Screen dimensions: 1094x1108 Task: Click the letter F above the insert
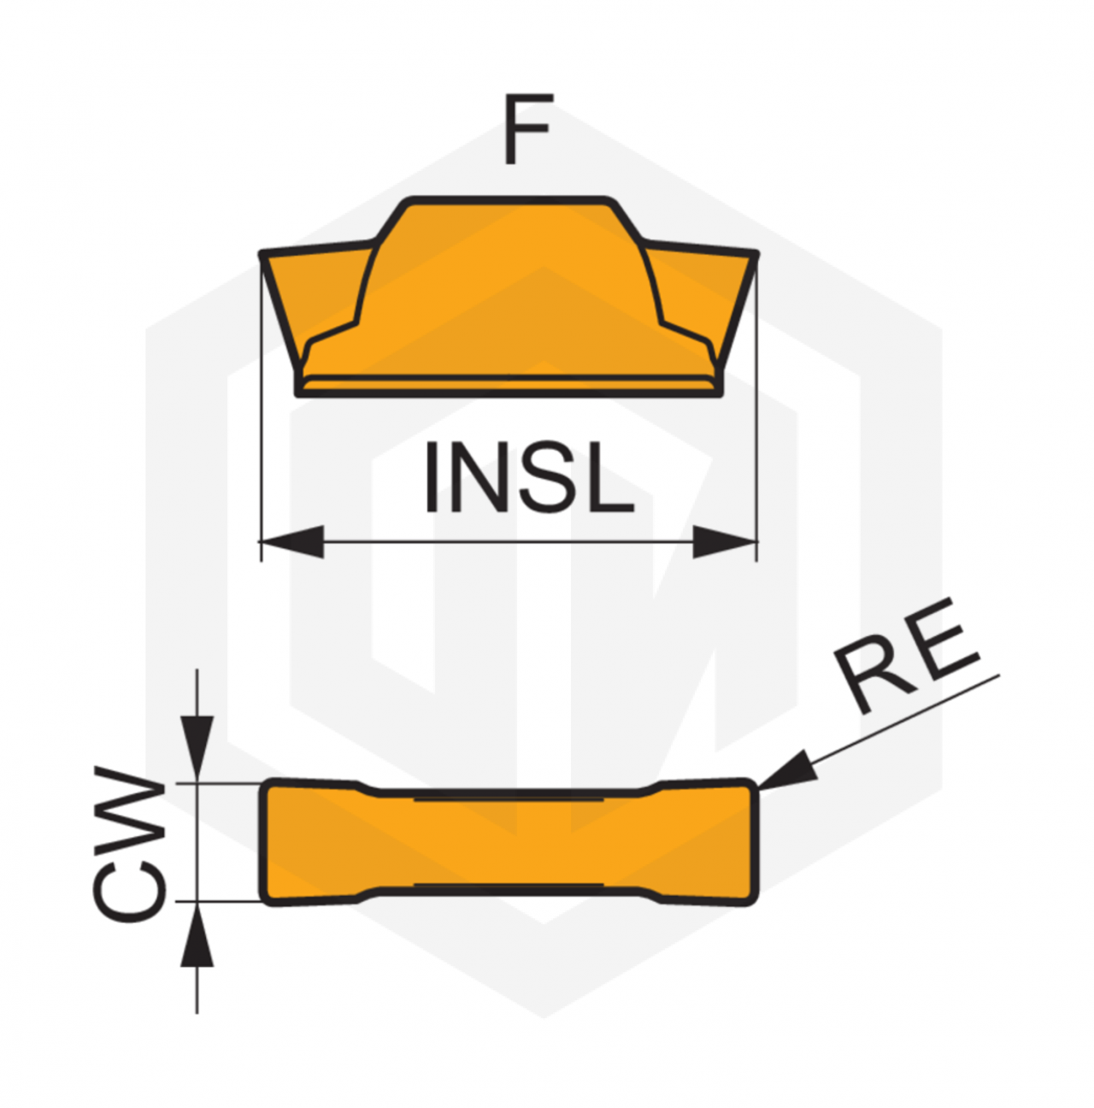pos(527,128)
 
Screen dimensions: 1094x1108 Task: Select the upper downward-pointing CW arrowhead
pos(197,749)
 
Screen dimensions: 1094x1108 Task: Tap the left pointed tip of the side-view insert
pos(262,253)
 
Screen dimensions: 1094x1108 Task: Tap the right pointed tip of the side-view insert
pos(756,253)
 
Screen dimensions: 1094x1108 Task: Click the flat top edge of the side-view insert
pos(509,200)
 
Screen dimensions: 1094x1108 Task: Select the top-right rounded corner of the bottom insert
pos(750,786)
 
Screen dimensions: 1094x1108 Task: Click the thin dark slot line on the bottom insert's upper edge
pos(509,799)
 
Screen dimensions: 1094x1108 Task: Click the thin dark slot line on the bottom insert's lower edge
pos(509,884)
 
